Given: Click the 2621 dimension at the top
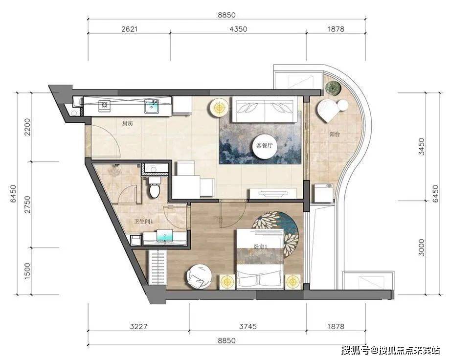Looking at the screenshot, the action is point(129,29).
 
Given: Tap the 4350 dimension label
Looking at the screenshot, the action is point(239,29).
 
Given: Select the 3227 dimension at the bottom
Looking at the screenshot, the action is point(138,326).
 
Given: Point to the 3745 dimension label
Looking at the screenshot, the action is point(248,326).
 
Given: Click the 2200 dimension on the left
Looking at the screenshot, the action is point(27,127).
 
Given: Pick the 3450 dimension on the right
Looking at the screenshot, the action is point(422,147).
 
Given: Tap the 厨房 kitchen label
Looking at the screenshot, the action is point(128,124).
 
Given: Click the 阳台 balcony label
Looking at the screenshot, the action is point(334,134).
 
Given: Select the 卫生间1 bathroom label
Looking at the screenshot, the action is point(143,222).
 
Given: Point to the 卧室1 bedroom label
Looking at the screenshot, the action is point(261,247).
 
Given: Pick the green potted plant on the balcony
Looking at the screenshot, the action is point(333,89).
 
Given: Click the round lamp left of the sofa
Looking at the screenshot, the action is point(220,108).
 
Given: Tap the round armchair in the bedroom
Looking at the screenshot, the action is point(200,277).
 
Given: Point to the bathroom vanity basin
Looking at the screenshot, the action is point(165,237).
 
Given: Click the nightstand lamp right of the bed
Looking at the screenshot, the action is point(292,281).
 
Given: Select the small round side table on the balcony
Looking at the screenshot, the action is point(343,105).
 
